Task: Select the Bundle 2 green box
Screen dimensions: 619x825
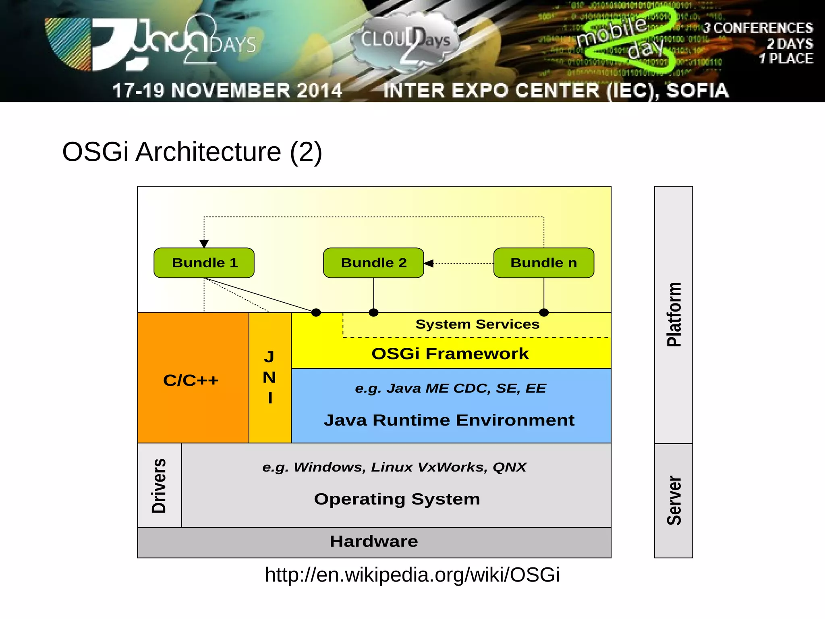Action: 373,263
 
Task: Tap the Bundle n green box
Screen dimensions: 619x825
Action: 543,263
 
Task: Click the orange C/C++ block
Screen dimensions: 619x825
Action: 192,380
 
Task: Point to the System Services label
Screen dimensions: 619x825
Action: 477,324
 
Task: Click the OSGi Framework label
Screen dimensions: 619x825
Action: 450,354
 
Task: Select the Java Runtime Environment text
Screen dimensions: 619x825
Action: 449,420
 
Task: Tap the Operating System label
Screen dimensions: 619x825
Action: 397,499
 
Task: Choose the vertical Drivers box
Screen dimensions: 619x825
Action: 159,486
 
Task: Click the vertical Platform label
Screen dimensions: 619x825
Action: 674,314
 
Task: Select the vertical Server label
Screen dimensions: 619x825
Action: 674,501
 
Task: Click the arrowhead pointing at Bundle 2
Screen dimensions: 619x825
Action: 429,264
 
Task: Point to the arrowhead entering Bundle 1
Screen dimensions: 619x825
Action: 204,244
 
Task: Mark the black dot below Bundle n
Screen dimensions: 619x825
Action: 544,312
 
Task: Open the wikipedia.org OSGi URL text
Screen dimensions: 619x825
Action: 412,575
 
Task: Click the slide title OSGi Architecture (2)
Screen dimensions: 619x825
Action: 192,152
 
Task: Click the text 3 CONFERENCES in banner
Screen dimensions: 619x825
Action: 757,28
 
